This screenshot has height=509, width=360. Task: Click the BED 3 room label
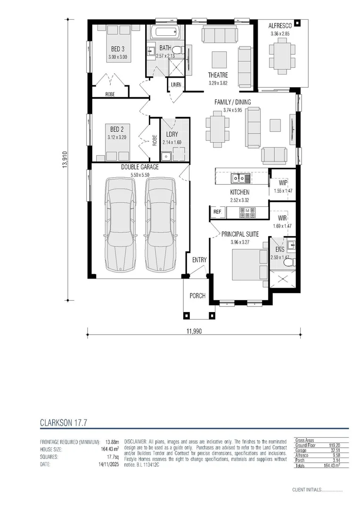pyautogui.click(x=118, y=49)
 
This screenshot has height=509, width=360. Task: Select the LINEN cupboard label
pyautogui.click(x=176, y=85)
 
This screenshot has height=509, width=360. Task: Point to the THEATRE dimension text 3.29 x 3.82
pyautogui.click(x=218, y=83)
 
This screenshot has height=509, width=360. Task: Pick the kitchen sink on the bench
pyautogui.click(x=240, y=178)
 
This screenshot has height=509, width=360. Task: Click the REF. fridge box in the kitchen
pyautogui.click(x=217, y=212)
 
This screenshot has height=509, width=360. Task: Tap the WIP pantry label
pyautogui.click(x=283, y=183)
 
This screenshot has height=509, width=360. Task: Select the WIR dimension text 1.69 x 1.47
pyautogui.click(x=283, y=226)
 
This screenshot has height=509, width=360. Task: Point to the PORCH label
pyautogui.click(x=197, y=296)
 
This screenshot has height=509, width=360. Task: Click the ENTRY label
pyautogui.click(x=199, y=260)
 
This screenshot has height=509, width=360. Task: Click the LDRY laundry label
pyautogui.click(x=172, y=134)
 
